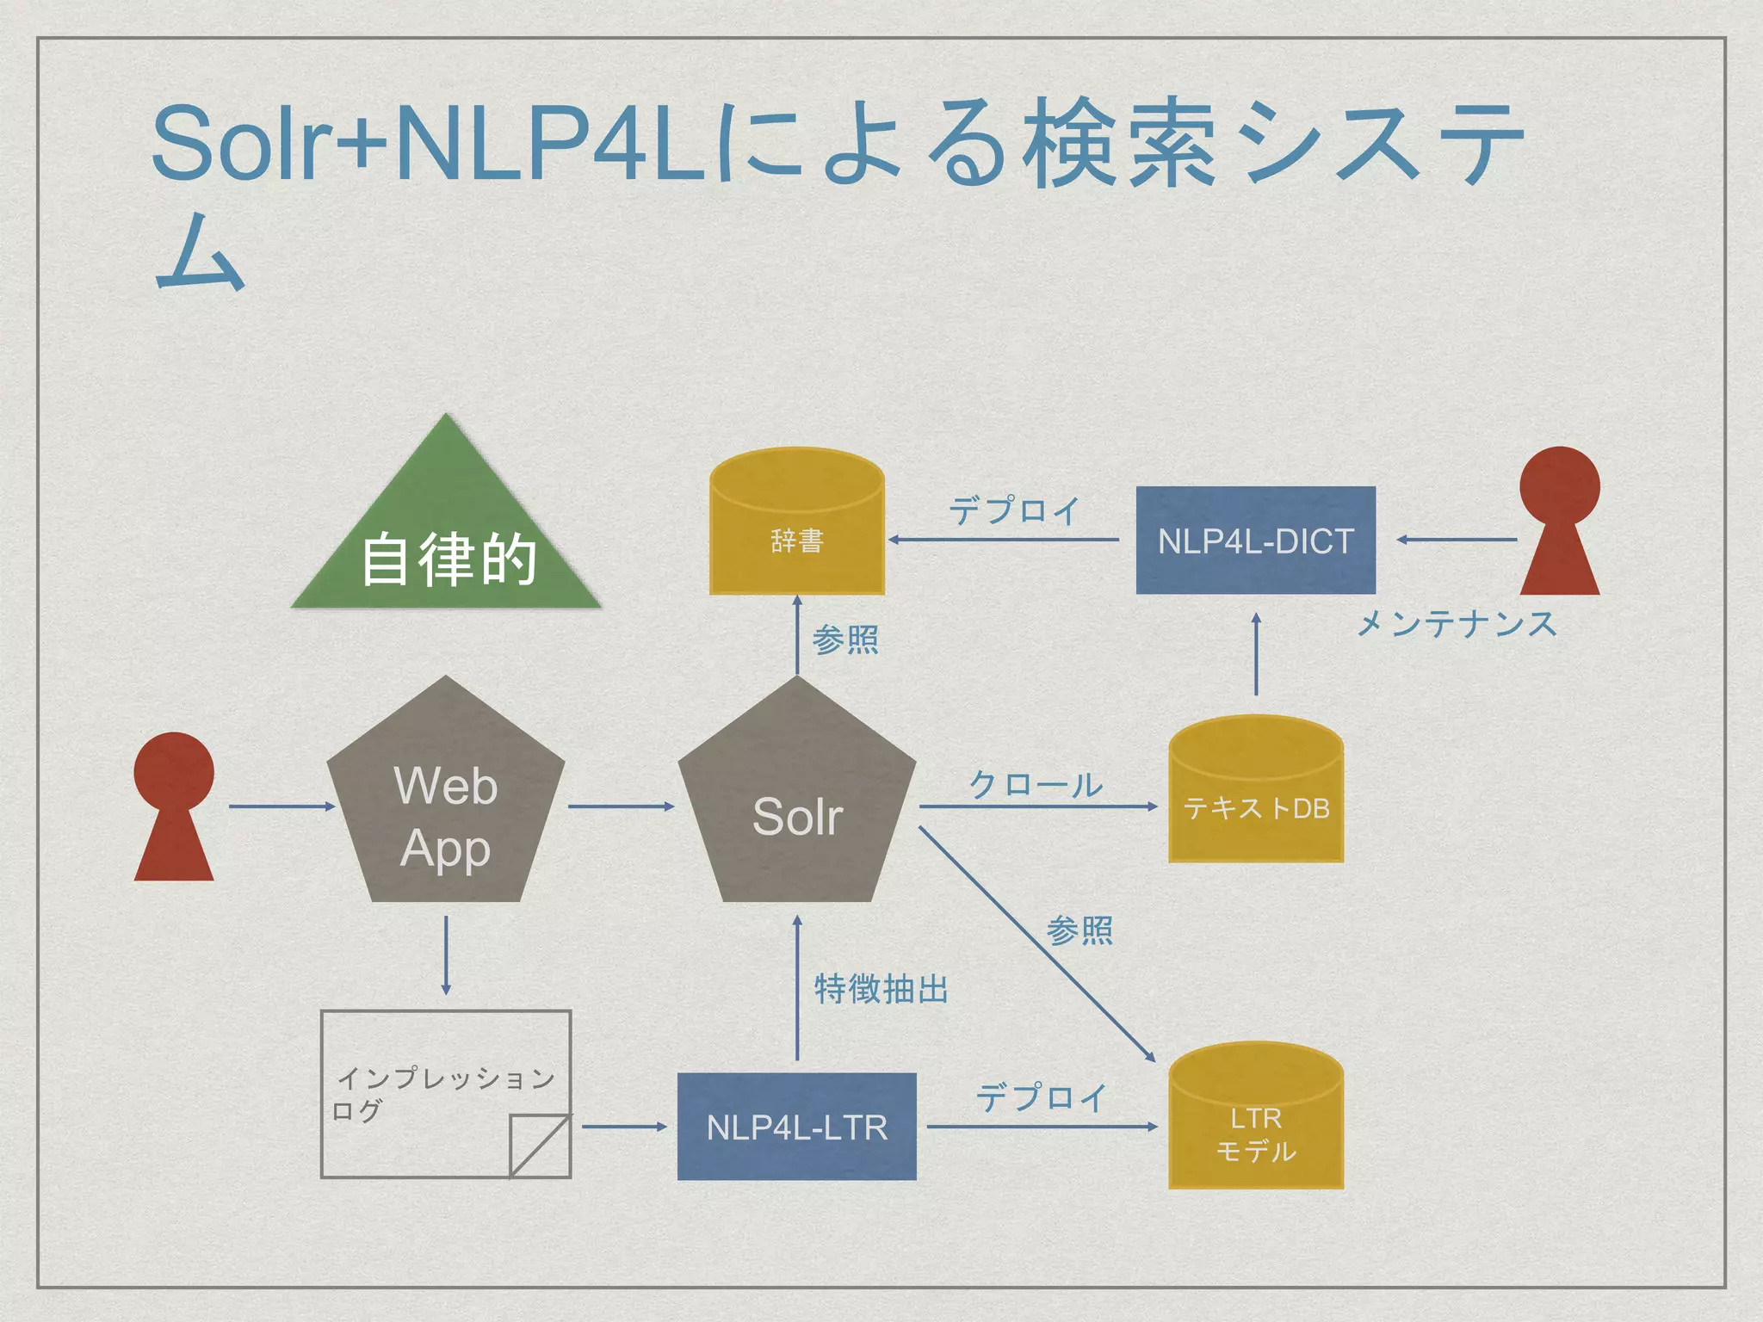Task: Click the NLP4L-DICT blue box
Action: tap(1255, 541)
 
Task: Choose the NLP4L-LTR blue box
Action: tap(796, 1127)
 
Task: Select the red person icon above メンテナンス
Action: tap(1559, 521)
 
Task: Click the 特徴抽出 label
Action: tap(881, 989)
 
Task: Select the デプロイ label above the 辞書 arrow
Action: tap(1014, 510)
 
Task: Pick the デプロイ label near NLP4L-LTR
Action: tap(1041, 1098)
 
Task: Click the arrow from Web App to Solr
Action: tap(621, 806)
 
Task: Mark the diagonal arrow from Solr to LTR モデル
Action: tap(1037, 944)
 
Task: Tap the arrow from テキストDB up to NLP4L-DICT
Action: tap(1256, 654)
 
